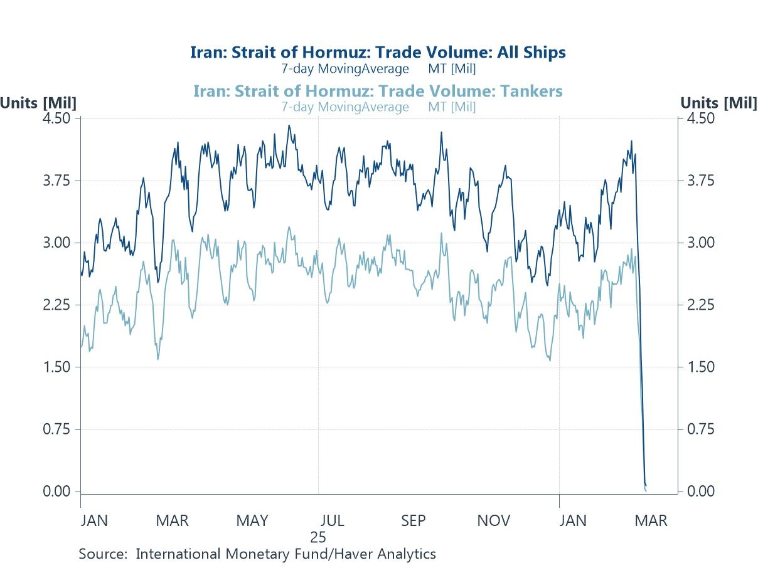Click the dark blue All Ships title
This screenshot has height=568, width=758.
tap(378, 52)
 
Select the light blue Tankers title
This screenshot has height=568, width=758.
tap(378, 91)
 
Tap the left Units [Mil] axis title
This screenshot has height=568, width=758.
tap(38, 103)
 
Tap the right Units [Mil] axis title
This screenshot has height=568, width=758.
tap(718, 103)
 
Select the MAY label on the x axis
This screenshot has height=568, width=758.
tap(252, 521)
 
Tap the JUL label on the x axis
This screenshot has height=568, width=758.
tap(332, 521)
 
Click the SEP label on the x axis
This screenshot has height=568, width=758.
tap(414, 521)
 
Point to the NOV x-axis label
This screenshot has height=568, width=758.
tap(494, 521)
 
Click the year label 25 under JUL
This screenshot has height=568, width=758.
tap(318, 537)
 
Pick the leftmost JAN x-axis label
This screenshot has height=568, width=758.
tap(95, 521)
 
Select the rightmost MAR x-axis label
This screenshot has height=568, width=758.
tap(651, 521)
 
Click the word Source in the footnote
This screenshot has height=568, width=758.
tap(102, 554)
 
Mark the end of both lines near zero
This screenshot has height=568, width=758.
tap(646, 488)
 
